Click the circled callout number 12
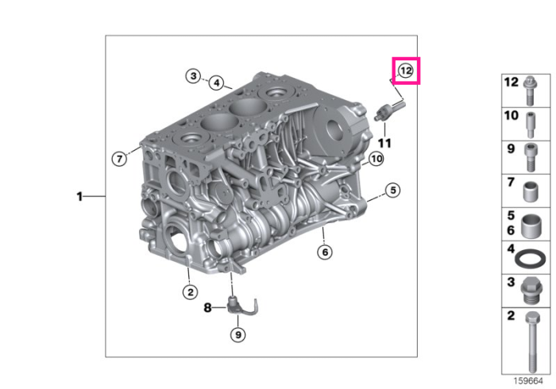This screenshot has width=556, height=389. point(406,71)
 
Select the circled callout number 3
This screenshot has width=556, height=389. point(193,76)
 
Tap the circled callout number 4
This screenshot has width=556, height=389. point(217,83)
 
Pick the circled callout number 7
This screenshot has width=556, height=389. point(119,158)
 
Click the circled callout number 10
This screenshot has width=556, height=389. point(376,159)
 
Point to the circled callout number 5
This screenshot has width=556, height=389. point(393,191)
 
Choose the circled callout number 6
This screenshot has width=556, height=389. point(325,252)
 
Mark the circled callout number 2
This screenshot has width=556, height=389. point(191,292)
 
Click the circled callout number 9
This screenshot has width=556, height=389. point(238,334)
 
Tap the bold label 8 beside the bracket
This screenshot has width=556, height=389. point(207,307)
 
